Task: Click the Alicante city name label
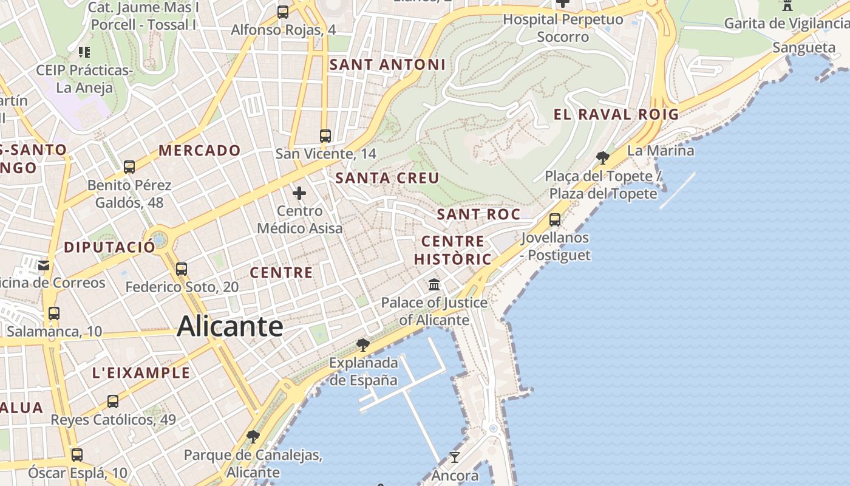pos(230,327)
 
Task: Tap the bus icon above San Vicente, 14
pos(325,136)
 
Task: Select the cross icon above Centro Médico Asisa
pos(299,194)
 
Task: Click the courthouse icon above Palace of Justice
pos(434,284)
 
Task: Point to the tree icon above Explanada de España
pos(363,345)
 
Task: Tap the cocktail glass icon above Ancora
pos(454,457)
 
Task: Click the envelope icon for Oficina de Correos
pos(44,265)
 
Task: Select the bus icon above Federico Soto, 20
pos(181,269)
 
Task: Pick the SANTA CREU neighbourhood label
pos(387,178)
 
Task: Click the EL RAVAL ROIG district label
pos(616,114)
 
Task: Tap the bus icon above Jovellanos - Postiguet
pos(555,220)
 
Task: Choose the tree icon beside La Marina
pos(603,158)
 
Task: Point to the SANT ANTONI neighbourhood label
pos(387,64)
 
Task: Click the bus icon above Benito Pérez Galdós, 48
pos(129,167)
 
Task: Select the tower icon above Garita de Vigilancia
pos(787,6)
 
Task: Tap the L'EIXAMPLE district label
pos(141,372)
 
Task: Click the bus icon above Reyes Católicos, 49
pos(113,402)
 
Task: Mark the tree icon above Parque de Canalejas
pos(253,436)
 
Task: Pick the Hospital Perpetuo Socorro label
pos(563,28)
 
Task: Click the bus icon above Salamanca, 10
pos(54,313)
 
